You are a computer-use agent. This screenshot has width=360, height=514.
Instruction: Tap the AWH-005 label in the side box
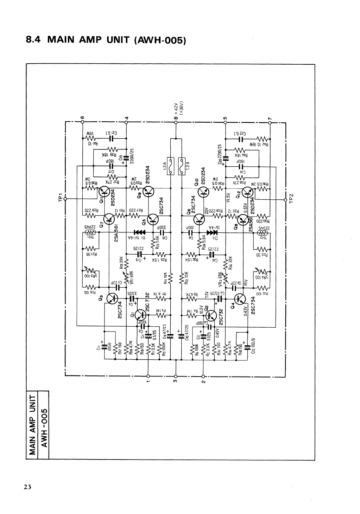tap(44, 426)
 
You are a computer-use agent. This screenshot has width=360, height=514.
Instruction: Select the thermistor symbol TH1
tap(91, 232)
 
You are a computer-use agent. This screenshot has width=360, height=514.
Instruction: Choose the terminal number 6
tap(82, 117)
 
